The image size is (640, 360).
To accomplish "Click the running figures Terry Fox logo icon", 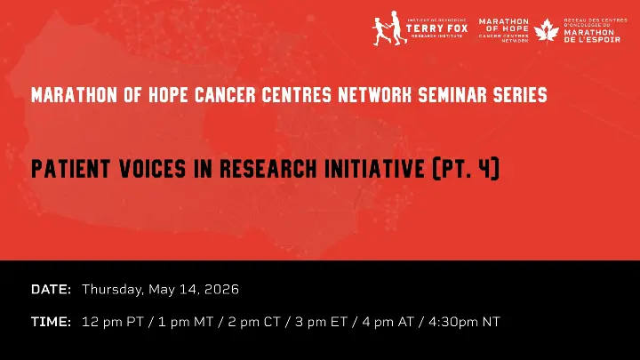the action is pos(390,28).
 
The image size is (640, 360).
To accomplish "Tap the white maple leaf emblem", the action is pos(546,31).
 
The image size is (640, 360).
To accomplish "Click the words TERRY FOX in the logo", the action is pos(436,28).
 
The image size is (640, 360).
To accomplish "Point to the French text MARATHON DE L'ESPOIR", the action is pos(592,36).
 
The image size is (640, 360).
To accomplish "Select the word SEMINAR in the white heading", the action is pos(453,95).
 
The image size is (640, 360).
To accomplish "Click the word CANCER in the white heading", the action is pos(225,95).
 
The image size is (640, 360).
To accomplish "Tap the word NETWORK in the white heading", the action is pos(375,95).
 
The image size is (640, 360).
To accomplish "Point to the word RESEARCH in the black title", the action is pos(268,169).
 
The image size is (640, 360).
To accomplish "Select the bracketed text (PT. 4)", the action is pos(466,169).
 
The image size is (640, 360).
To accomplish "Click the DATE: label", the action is pos(51,290).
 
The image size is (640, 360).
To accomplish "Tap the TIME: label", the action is pos(51,322).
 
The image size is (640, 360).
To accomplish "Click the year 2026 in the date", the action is pos(221,290).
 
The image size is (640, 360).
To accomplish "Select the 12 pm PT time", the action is pos(113,322).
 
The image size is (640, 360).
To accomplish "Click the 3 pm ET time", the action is pos(321,322).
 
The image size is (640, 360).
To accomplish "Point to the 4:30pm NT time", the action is pos(465,322).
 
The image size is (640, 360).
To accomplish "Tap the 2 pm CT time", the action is pos(254,322).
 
